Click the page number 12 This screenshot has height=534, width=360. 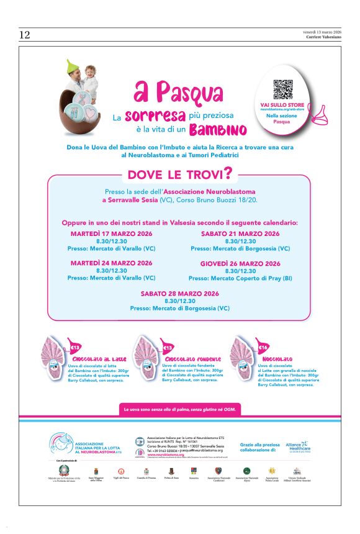[x=24, y=35]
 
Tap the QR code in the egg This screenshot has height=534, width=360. [x=282, y=89]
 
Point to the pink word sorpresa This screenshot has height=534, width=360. [x=155, y=116]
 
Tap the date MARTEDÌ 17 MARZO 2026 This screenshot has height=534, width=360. [x=112, y=233]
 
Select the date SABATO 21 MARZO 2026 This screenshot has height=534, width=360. [x=240, y=233]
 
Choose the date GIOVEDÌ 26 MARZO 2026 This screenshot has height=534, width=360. [x=240, y=263]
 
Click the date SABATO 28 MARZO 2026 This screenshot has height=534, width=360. [x=179, y=293]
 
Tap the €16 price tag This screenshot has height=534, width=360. [x=263, y=348]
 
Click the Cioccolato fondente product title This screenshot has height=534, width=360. [x=186, y=360]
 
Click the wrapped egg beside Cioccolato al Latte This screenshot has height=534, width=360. [x=54, y=357]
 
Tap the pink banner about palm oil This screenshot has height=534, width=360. [x=180, y=410]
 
